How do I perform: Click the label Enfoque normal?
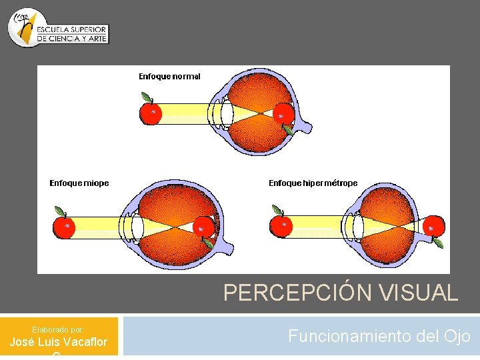(169, 77)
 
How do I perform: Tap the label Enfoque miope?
(79, 183)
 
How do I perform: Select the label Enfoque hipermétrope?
(313, 183)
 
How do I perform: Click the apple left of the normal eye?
(151, 113)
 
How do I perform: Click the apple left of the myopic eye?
(65, 227)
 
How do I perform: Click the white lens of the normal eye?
(227, 113)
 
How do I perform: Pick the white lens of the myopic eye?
(137, 227)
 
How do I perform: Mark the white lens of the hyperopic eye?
(358, 226)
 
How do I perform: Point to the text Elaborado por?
(59, 329)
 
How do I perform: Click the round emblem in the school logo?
(25, 27)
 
